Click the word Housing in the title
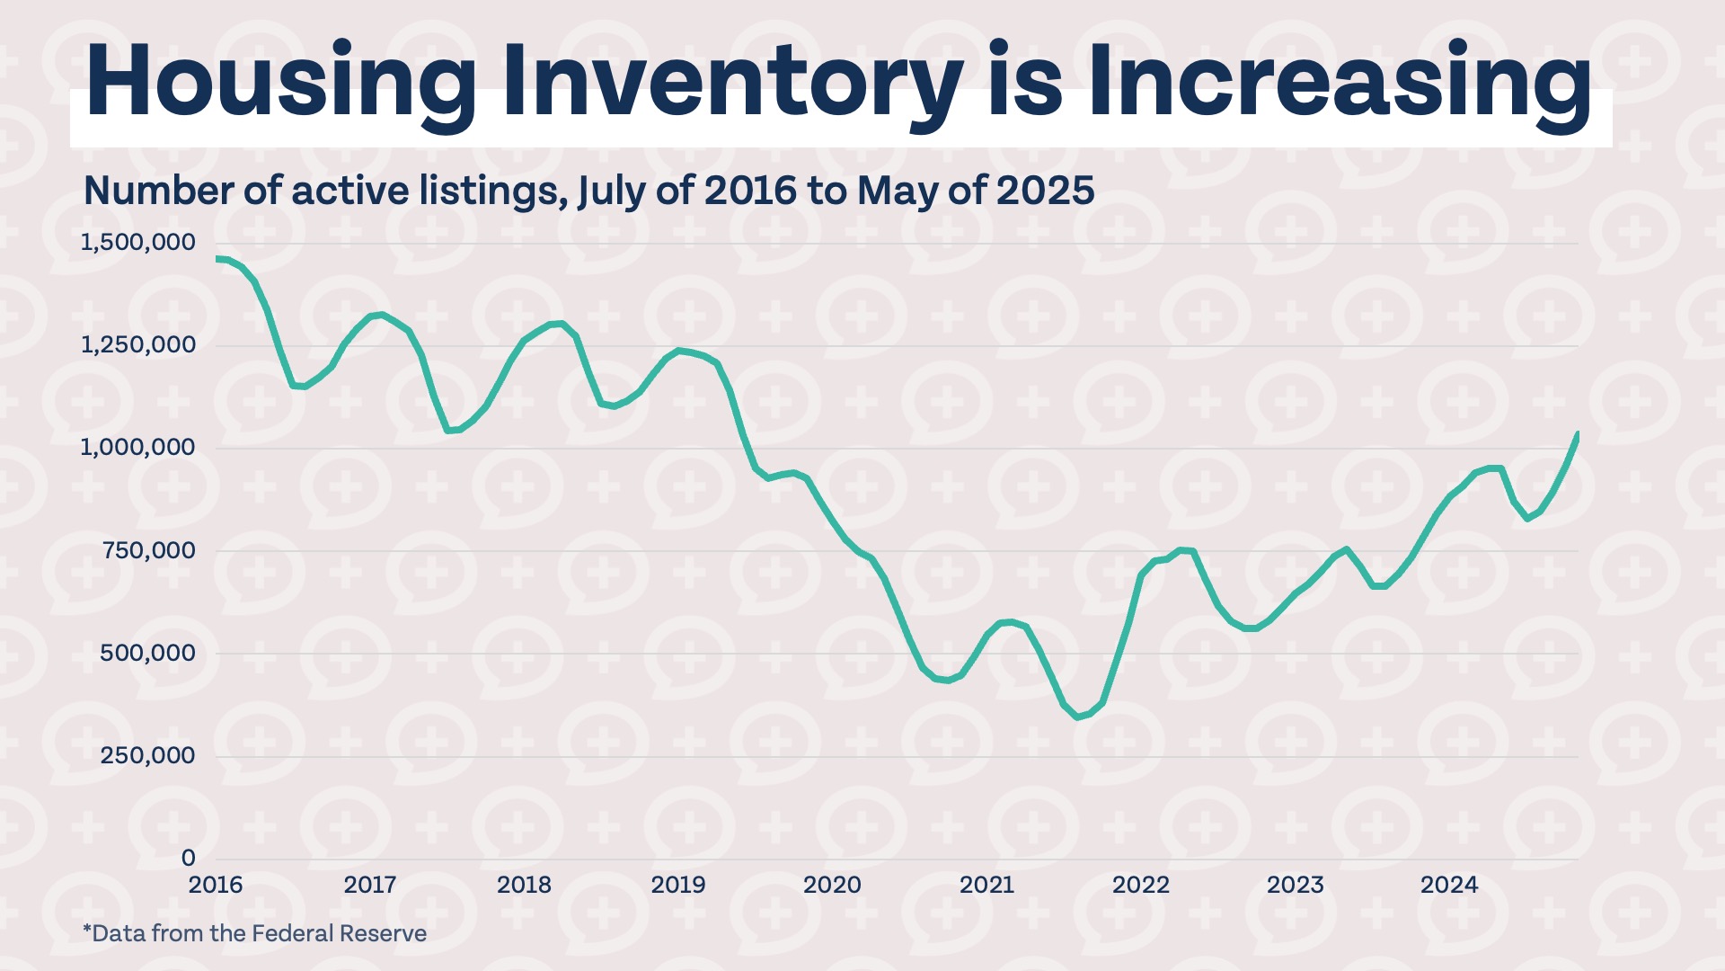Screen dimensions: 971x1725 point(281,83)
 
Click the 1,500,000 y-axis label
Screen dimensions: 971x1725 point(137,242)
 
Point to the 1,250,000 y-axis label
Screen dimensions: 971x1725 point(137,344)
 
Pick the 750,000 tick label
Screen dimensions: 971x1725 point(148,550)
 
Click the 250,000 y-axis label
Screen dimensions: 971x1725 point(148,755)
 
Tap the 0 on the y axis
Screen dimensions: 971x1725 point(188,858)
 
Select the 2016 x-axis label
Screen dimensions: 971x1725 point(216,885)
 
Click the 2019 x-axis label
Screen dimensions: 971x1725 point(678,885)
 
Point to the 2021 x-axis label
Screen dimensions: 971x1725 point(986,885)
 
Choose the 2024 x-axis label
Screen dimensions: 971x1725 point(1448,885)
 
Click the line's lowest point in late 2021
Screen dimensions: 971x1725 point(1078,717)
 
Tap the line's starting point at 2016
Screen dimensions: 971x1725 point(218,259)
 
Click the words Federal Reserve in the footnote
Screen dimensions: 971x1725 point(339,933)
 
